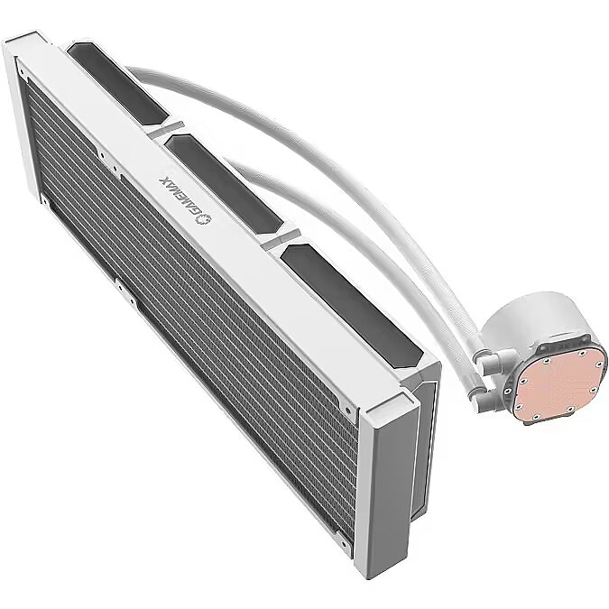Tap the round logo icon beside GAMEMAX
pyautogui.click(x=204, y=219)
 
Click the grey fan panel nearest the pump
pyautogui.click(x=352, y=307)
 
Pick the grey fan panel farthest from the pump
pyautogui.click(x=117, y=84)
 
